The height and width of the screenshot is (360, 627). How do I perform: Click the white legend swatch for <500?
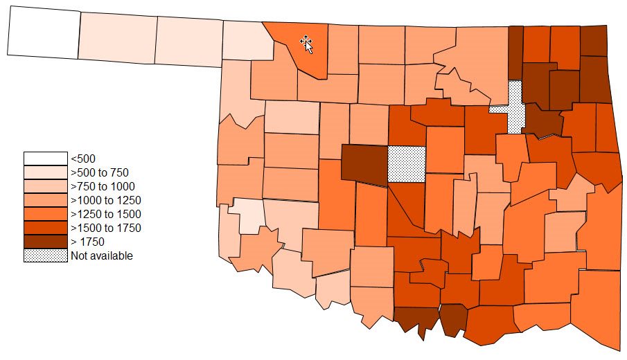pos(45,159)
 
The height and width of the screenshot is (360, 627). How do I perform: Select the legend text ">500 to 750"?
pos(99,172)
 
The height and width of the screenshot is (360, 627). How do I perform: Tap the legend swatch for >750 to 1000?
pos(45,186)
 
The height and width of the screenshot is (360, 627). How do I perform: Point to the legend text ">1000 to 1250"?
pos(105,200)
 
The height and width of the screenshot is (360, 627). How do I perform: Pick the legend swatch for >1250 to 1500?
pos(45,214)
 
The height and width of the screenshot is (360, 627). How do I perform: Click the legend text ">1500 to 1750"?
pos(105,228)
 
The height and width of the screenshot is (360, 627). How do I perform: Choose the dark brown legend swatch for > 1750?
pos(45,242)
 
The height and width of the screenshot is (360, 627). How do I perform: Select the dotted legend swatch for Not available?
pos(45,255)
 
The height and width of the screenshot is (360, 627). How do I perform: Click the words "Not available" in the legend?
pos(101,255)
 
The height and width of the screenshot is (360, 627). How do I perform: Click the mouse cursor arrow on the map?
pos(306,44)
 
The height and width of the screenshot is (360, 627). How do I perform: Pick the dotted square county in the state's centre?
pos(406,164)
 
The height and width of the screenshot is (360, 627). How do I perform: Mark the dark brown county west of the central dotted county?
pos(365,164)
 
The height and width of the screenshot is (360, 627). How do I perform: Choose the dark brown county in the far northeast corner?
pos(593,41)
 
